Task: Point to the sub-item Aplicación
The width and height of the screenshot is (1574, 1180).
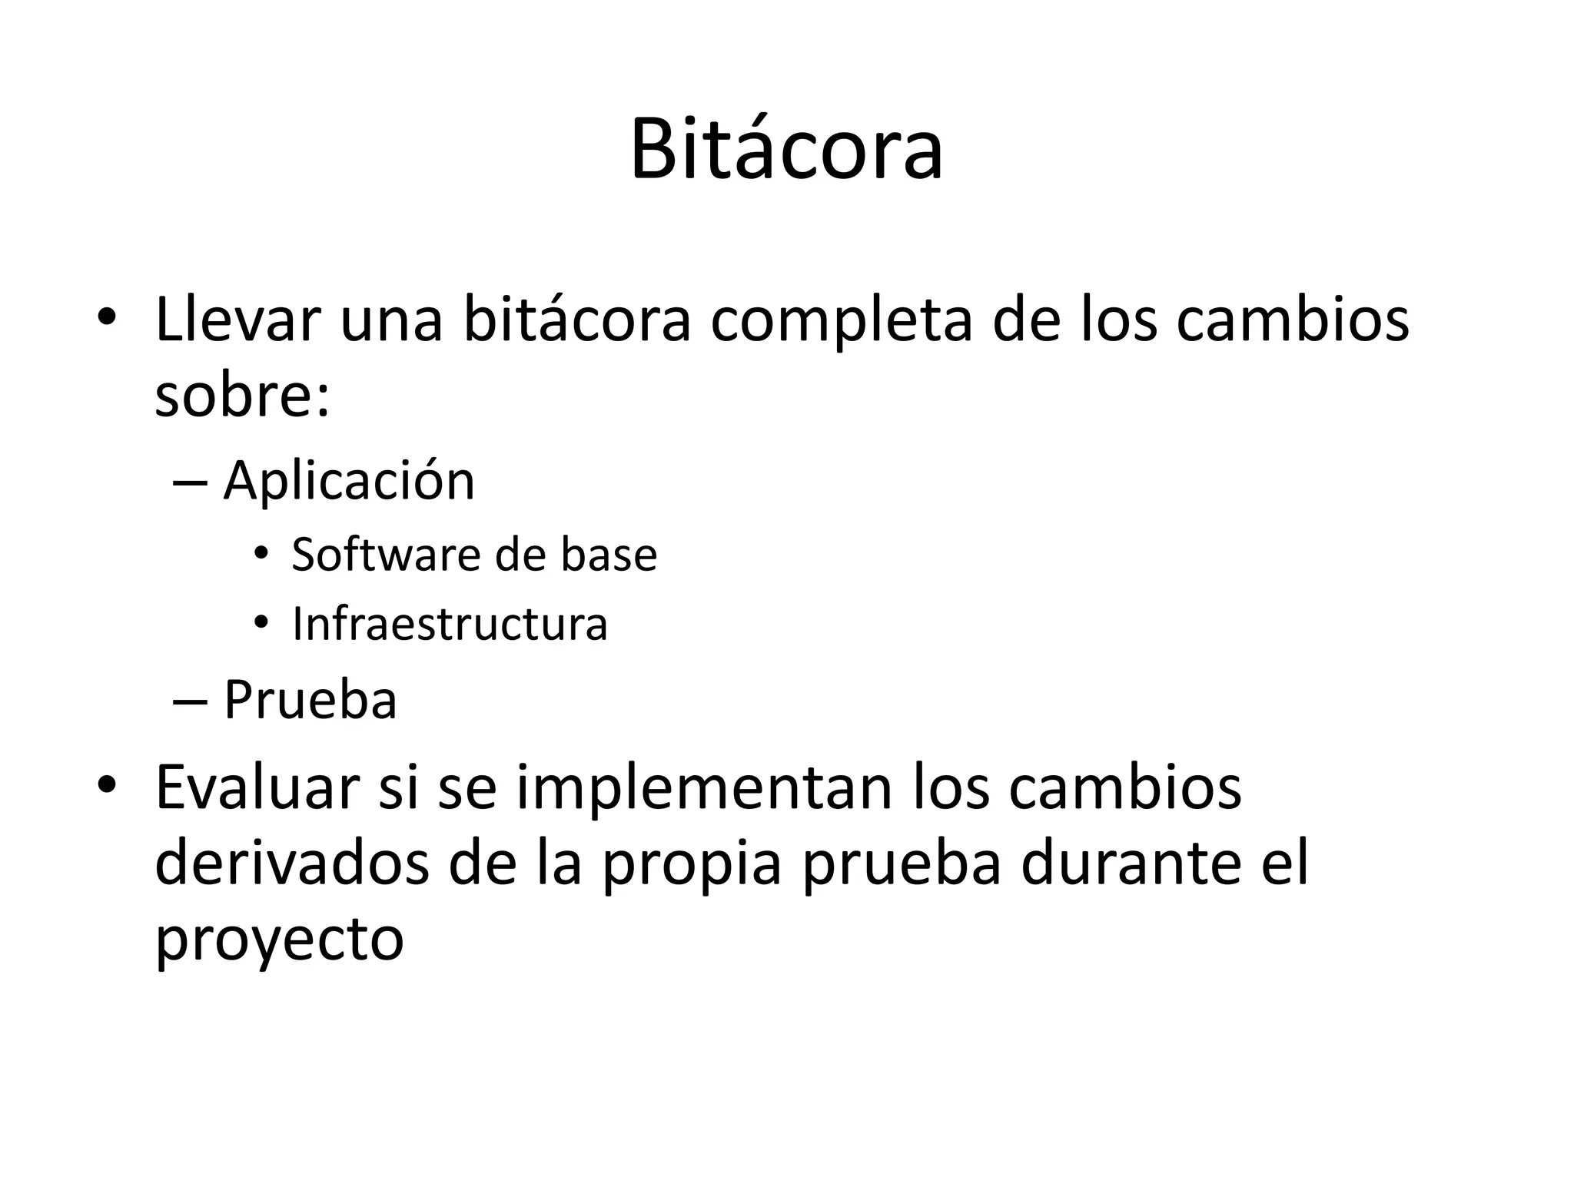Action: coord(349,482)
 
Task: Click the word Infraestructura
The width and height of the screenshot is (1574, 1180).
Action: coord(450,623)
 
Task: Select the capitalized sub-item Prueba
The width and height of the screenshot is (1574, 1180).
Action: coord(310,700)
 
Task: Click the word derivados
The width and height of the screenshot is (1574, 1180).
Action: coord(291,863)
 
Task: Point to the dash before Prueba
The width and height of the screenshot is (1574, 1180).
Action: coord(190,701)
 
